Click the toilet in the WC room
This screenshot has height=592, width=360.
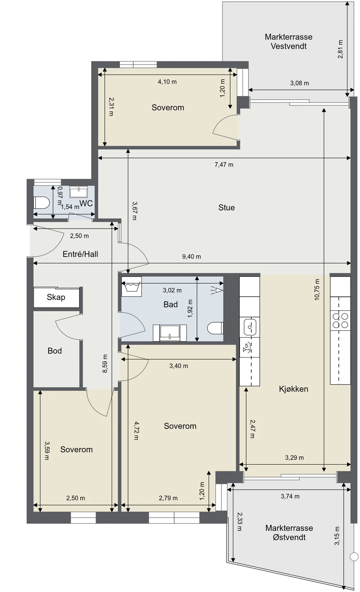[x=41, y=203]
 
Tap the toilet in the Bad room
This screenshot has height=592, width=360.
[x=216, y=328]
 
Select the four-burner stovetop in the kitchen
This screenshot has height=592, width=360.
[x=340, y=320]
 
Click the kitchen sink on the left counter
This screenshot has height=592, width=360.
[x=250, y=327]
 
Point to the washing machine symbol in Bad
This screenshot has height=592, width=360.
[x=132, y=284]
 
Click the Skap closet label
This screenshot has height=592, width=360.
[x=56, y=297]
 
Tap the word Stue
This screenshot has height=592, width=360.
[x=226, y=208]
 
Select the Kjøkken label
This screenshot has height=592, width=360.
[x=294, y=389]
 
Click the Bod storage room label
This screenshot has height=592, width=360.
[x=55, y=351]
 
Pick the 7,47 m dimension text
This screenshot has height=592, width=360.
[x=224, y=164]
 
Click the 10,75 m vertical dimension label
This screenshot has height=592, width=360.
[x=317, y=289]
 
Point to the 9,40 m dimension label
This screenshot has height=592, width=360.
[x=192, y=257]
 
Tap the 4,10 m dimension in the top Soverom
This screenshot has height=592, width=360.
[x=167, y=82]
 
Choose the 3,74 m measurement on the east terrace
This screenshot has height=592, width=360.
[x=290, y=496]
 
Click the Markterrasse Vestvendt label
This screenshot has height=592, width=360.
[x=289, y=41]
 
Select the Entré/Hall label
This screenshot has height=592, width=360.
[x=80, y=254]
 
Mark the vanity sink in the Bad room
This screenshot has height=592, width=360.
[x=170, y=333]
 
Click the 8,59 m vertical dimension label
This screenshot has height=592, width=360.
[x=105, y=363]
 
